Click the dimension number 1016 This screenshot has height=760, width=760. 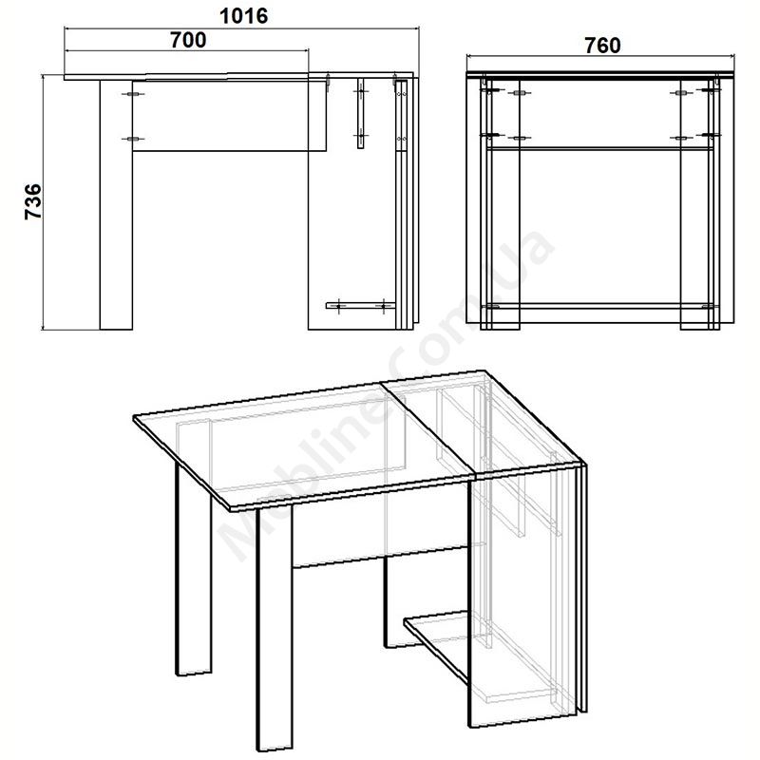pos(243,16)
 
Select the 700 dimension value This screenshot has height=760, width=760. pos(188,40)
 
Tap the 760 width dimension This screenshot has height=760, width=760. pos(602,46)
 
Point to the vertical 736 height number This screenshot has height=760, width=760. pos(33,201)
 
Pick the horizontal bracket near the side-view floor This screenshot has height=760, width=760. pos(360,306)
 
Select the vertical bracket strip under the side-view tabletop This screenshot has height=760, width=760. pos(361,113)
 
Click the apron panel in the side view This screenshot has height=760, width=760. pos(229,116)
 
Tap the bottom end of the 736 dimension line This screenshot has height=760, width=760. pos(43,330)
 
